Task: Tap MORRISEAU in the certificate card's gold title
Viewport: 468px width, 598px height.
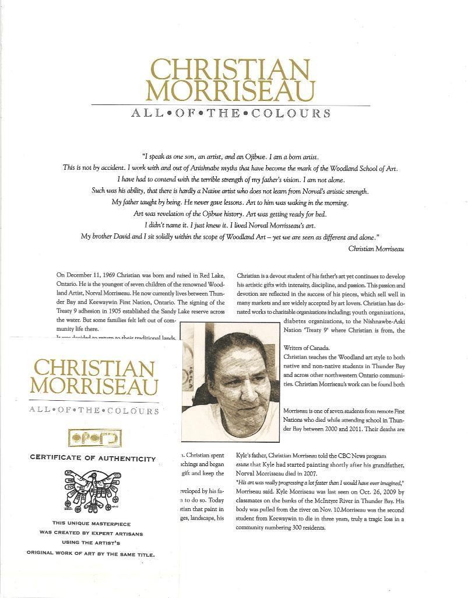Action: [94, 386]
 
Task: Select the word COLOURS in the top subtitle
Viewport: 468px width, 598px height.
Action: [291, 113]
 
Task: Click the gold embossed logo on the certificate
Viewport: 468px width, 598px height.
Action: [94, 436]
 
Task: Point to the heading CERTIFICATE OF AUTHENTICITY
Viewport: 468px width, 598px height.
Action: [93, 459]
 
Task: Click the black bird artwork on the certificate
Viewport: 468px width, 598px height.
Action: [93, 487]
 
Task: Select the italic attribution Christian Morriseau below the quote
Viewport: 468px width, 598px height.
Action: [376, 248]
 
